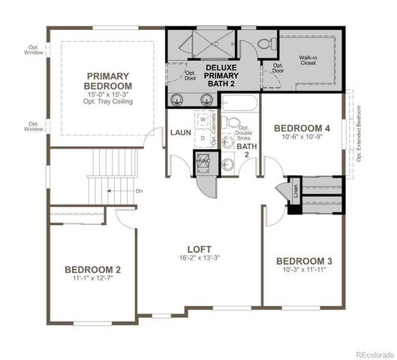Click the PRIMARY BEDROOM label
[109, 81]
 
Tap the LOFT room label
[199, 249]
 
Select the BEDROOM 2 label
[92, 270]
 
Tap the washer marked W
[203, 119]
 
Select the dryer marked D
[203, 138]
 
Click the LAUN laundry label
[180, 133]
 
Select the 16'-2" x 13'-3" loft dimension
[199, 259]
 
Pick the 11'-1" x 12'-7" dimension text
[92, 279]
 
